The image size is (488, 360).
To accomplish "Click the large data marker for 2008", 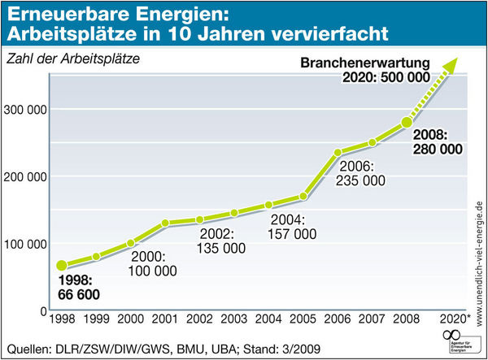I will tap(406, 123).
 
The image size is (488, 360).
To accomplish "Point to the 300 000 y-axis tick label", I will tap(26, 110).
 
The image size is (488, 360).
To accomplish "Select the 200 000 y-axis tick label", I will tap(26, 177).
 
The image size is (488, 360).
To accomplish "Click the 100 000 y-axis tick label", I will tap(26, 244).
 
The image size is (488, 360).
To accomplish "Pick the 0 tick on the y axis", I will tap(40, 311).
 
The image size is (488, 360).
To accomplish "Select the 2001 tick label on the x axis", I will tap(166, 319).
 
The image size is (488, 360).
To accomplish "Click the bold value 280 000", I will tap(438, 150).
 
